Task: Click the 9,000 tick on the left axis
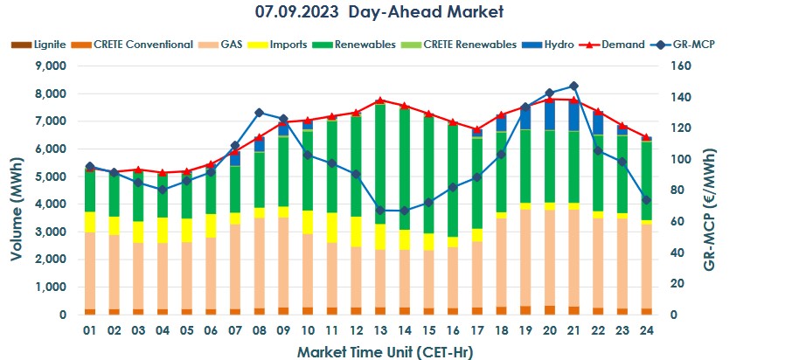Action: click(49, 66)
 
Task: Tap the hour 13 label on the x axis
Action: click(379, 331)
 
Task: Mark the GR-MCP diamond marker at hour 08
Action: click(259, 113)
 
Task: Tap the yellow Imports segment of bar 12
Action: click(356, 232)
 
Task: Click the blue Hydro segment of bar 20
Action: click(549, 114)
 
